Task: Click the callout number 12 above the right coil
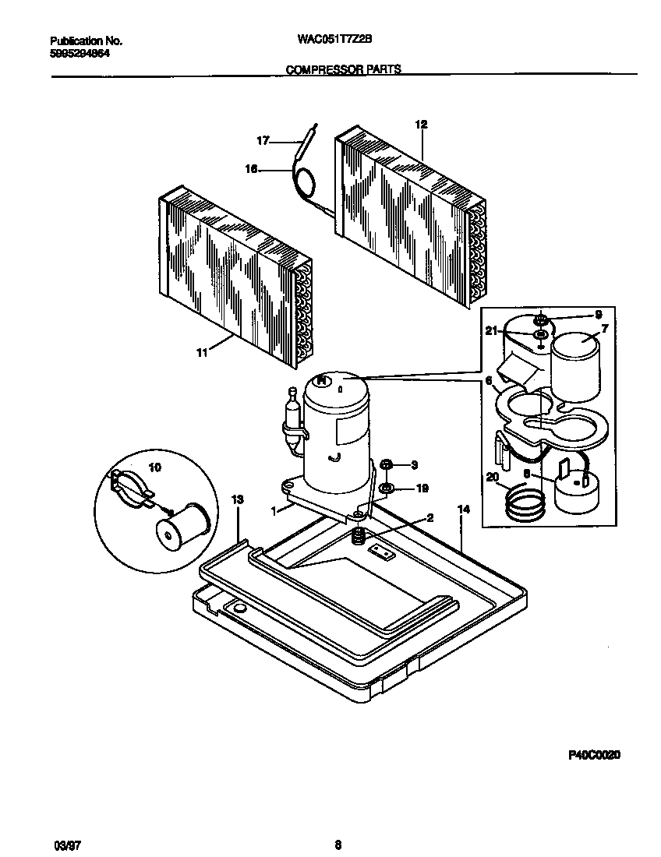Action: click(x=421, y=125)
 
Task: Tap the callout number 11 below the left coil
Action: click(x=202, y=353)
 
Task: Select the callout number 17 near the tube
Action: click(x=263, y=141)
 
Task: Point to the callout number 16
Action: click(x=252, y=167)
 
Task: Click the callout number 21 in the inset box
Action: click(x=490, y=332)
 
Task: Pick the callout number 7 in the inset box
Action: click(x=604, y=329)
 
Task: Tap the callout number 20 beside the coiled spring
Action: click(x=491, y=478)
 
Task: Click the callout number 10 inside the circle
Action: click(x=154, y=467)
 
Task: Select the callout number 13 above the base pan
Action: click(x=238, y=499)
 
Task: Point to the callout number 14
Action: click(x=464, y=509)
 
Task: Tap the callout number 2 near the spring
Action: click(x=429, y=517)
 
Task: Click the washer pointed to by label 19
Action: click(x=386, y=489)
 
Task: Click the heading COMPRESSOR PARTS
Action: click(x=343, y=69)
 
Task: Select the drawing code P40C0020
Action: click(x=593, y=755)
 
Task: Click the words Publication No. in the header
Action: click(x=86, y=41)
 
